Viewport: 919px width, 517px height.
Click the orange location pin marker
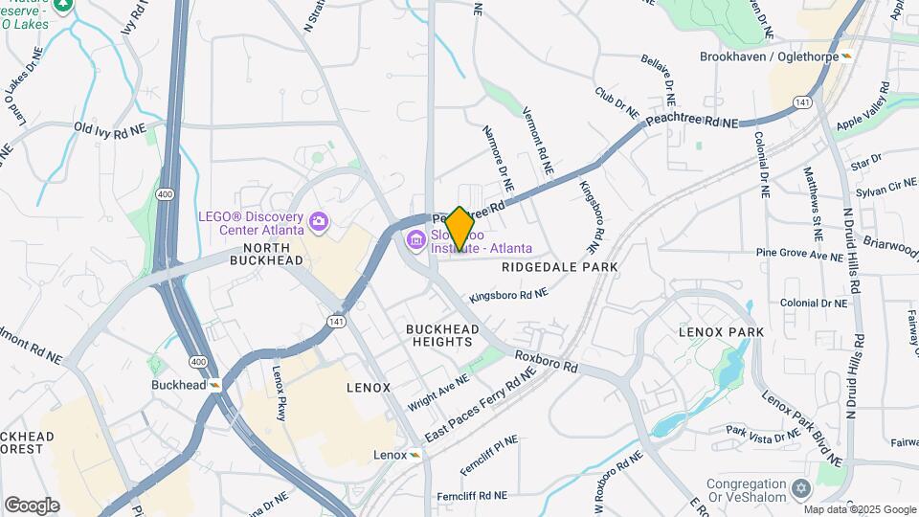click(x=459, y=228)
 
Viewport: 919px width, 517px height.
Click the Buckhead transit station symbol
click(x=216, y=385)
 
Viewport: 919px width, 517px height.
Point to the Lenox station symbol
click(x=415, y=455)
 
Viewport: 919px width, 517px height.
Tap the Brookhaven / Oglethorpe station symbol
click(x=846, y=56)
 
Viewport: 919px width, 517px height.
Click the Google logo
click(x=32, y=505)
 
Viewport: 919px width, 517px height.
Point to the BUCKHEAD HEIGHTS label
click(x=442, y=336)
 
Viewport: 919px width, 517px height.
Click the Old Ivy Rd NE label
click(x=110, y=127)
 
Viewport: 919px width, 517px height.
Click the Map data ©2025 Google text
click(x=859, y=509)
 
